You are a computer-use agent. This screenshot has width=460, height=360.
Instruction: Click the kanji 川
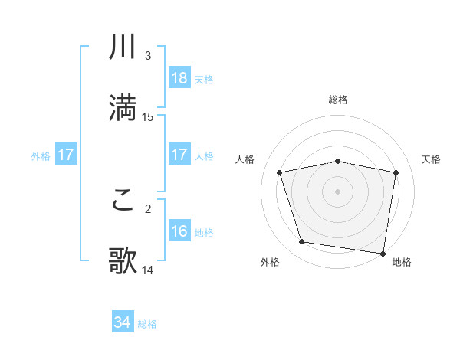click(x=123, y=48)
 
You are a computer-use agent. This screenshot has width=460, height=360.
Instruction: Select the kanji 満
click(x=123, y=108)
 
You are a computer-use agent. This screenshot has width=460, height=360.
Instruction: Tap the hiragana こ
click(x=123, y=201)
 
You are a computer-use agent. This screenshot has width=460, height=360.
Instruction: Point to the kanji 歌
click(x=123, y=261)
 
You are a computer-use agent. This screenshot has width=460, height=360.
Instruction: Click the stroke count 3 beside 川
click(x=148, y=56)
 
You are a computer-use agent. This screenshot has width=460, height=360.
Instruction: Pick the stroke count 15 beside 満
click(x=148, y=116)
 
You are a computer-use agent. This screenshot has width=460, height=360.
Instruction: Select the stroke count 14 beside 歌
click(x=148, y=270)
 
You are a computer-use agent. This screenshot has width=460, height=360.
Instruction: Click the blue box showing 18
click(x=179, y=77)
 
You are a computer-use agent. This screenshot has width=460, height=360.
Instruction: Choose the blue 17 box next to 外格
click(x=66, y=155)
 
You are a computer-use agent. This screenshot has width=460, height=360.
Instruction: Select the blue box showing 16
click(x=179, y=231)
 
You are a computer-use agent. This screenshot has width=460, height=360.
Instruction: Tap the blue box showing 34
click(x=123, y=322)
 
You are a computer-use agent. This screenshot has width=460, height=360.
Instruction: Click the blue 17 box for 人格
click(x=179, y=155)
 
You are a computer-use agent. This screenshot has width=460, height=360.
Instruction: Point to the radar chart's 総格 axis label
click(x=338, y=100)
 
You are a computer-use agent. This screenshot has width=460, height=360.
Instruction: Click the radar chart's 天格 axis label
click(x=432, y=159)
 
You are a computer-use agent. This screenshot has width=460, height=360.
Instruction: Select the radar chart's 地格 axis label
click(x=402, y=262)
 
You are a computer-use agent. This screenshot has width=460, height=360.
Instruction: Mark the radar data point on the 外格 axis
click(x=301, y=242)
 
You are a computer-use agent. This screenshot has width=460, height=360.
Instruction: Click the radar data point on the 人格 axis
click(x=280, y=172)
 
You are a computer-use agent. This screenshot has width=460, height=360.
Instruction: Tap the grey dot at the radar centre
click(x=338, y=191)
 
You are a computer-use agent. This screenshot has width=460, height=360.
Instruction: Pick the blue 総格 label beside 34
click(x=147, y=324)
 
